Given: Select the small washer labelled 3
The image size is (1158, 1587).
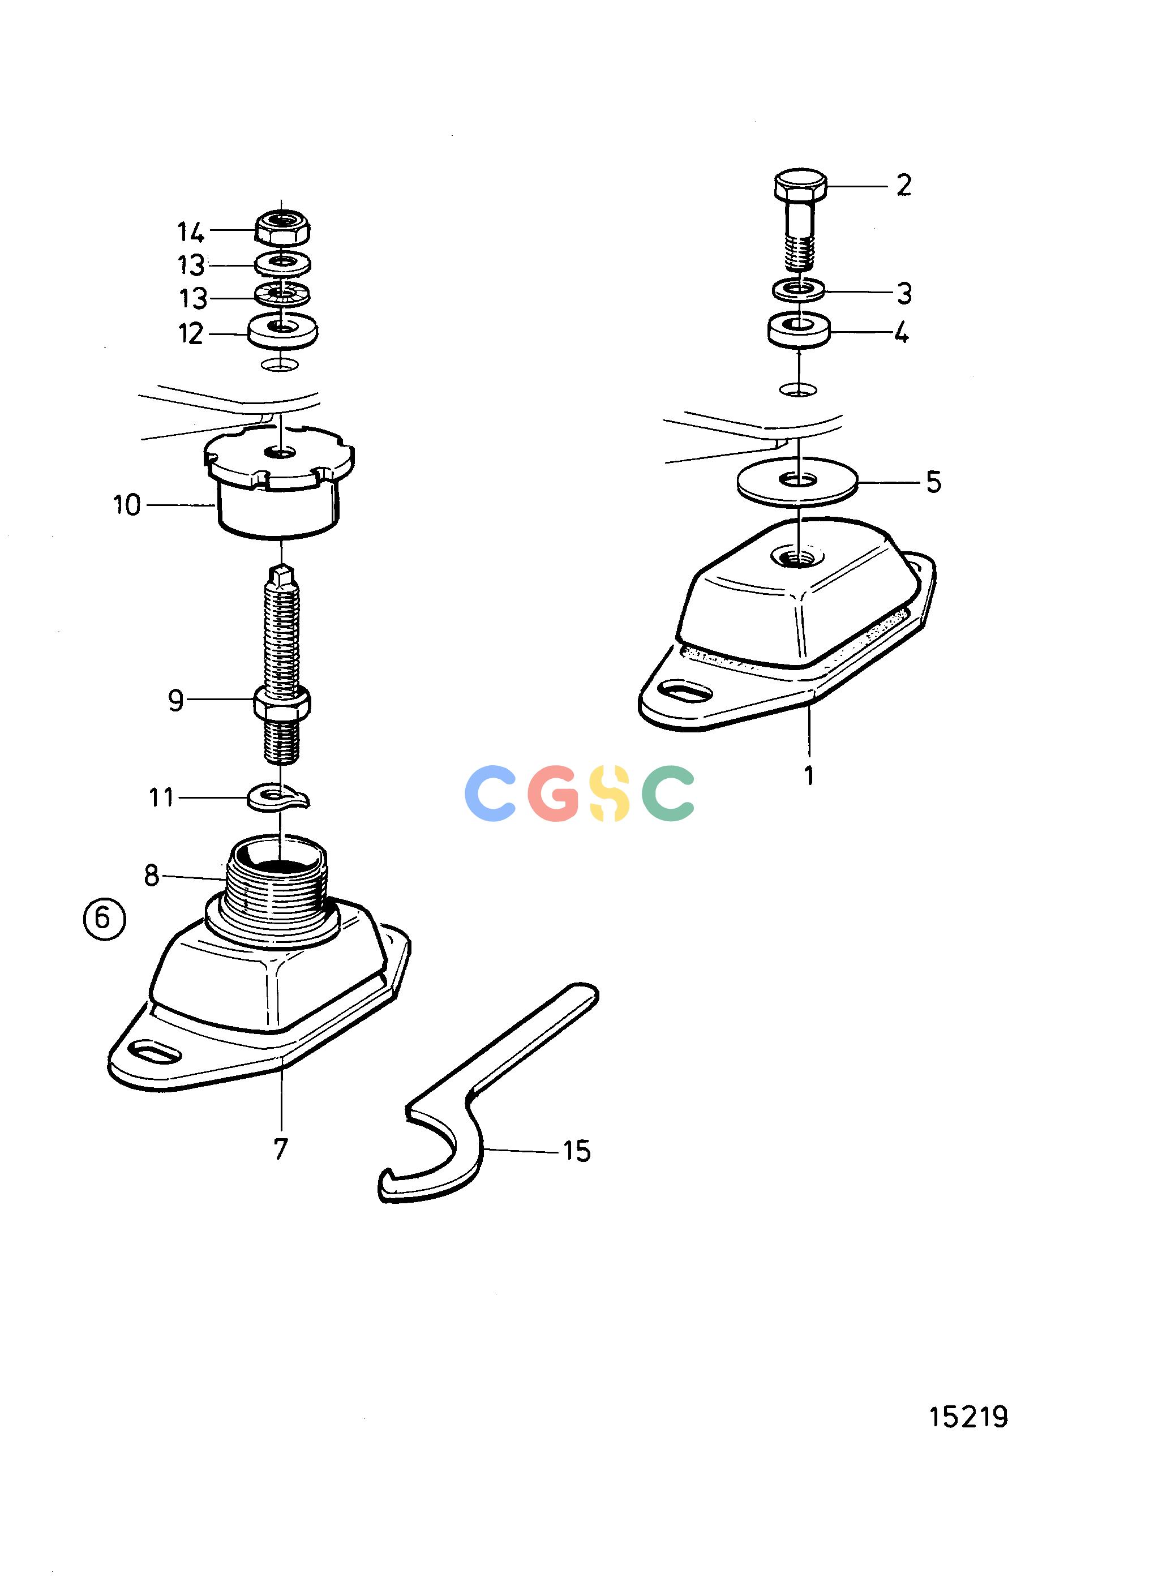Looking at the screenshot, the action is coord(799,288).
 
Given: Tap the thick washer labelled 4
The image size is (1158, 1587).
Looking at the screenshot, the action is coord(799,329).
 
